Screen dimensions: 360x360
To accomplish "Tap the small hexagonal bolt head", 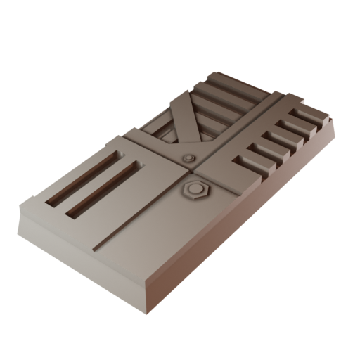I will pyautogui.click(x=188, y=159).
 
